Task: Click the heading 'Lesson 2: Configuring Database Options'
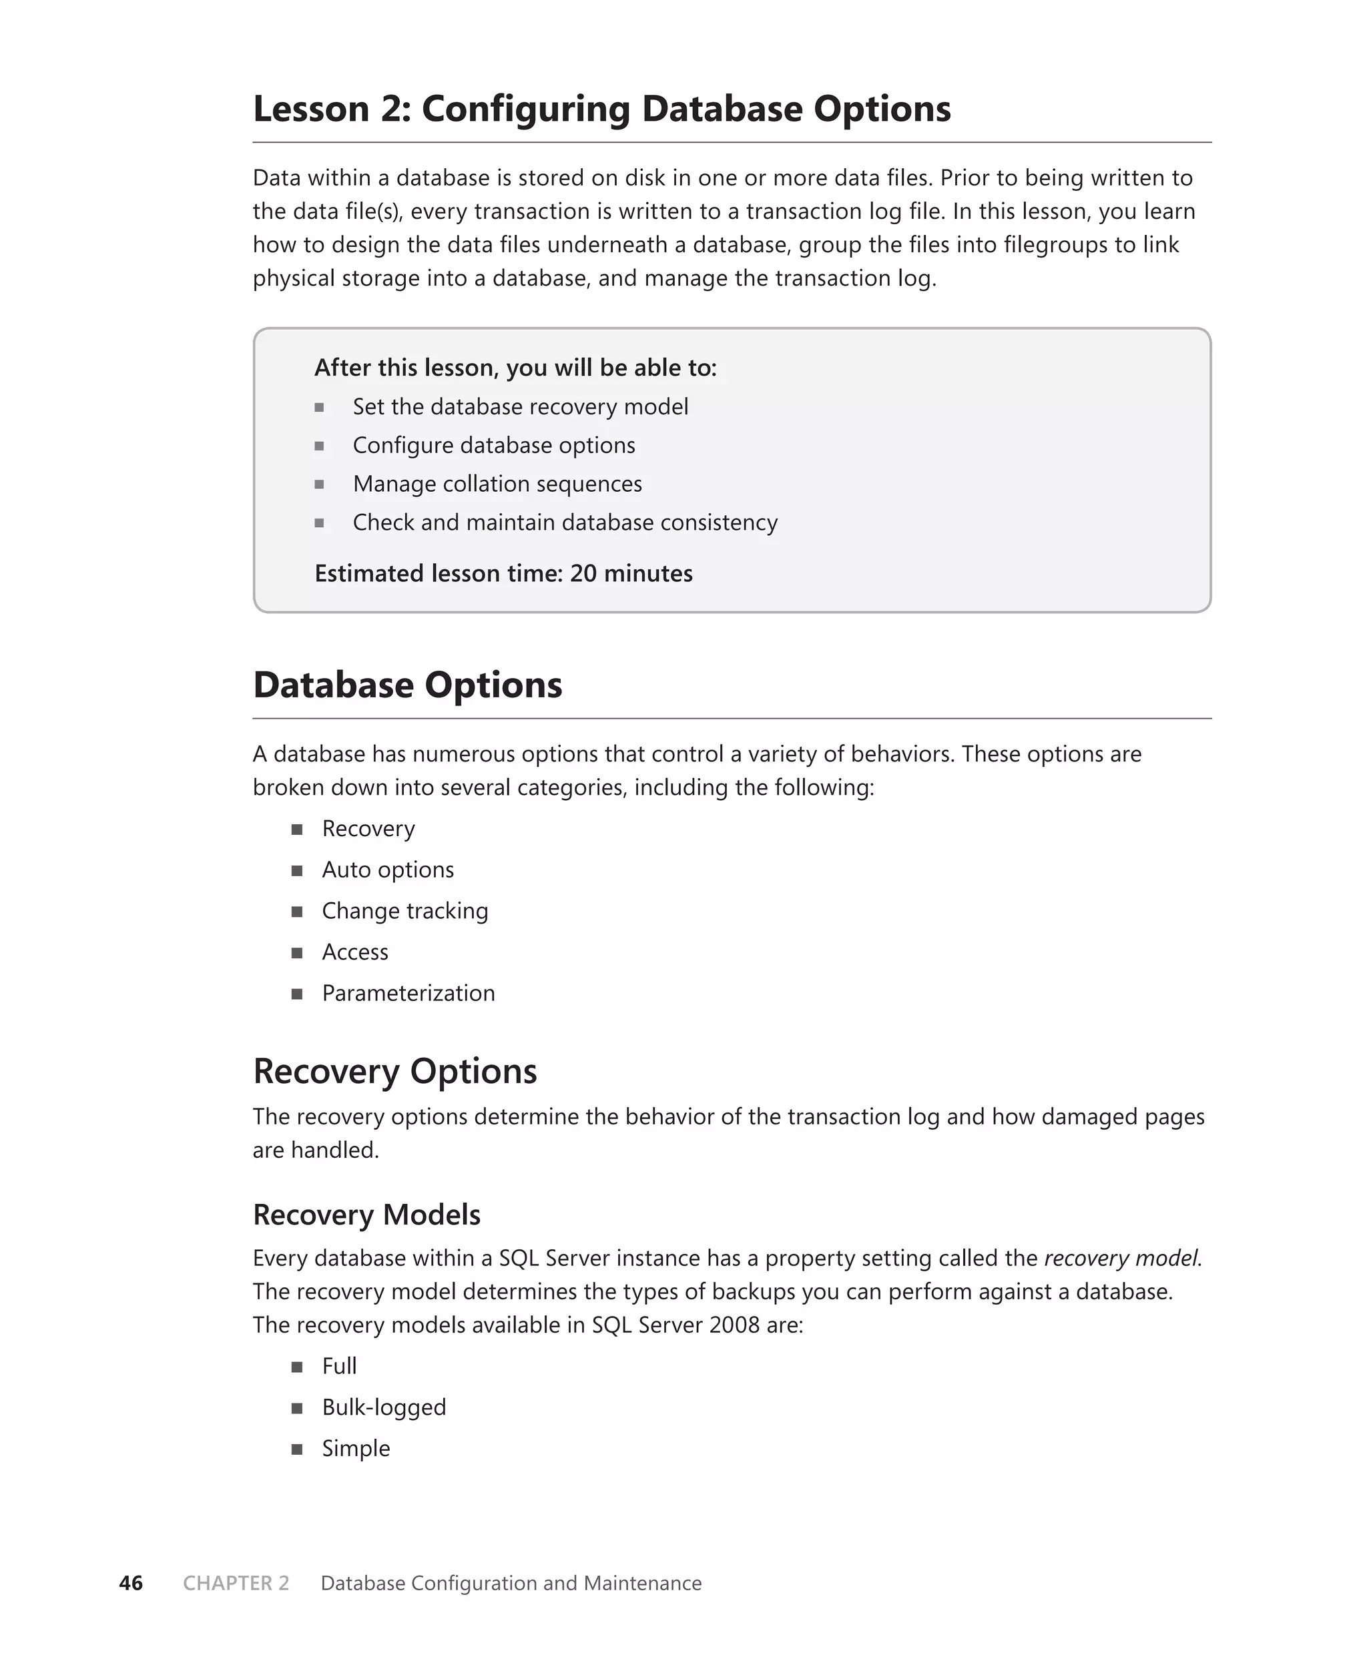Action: [x=601, y=109]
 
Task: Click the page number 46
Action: [x=131, y=1583]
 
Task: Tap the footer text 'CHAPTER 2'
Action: [x=236, y=1583]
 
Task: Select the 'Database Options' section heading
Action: [x=407, y=685]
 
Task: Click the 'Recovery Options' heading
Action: [x=394, y=1071]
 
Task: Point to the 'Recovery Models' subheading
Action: [x=366, y=1215]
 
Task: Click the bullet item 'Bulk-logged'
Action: [x=384, y=1407]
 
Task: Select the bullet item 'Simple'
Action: [x=355, y=1448]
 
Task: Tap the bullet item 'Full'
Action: [x=338, y=1365]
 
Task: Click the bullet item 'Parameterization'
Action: [x=408, y=993]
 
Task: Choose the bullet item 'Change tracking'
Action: [x=404, y=911]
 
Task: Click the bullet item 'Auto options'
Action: [x=387, y=870]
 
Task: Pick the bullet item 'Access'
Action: [x=354, y=952]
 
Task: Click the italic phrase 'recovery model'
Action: [x=1121, y=1258]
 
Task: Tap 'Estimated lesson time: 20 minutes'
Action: [x=503, y=573]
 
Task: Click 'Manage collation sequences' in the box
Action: [x=497, y=484]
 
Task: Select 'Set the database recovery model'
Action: [x=520, y=407]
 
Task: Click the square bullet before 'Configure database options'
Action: [x=319, y=446]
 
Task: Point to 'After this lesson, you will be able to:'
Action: [x=515, y=368]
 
